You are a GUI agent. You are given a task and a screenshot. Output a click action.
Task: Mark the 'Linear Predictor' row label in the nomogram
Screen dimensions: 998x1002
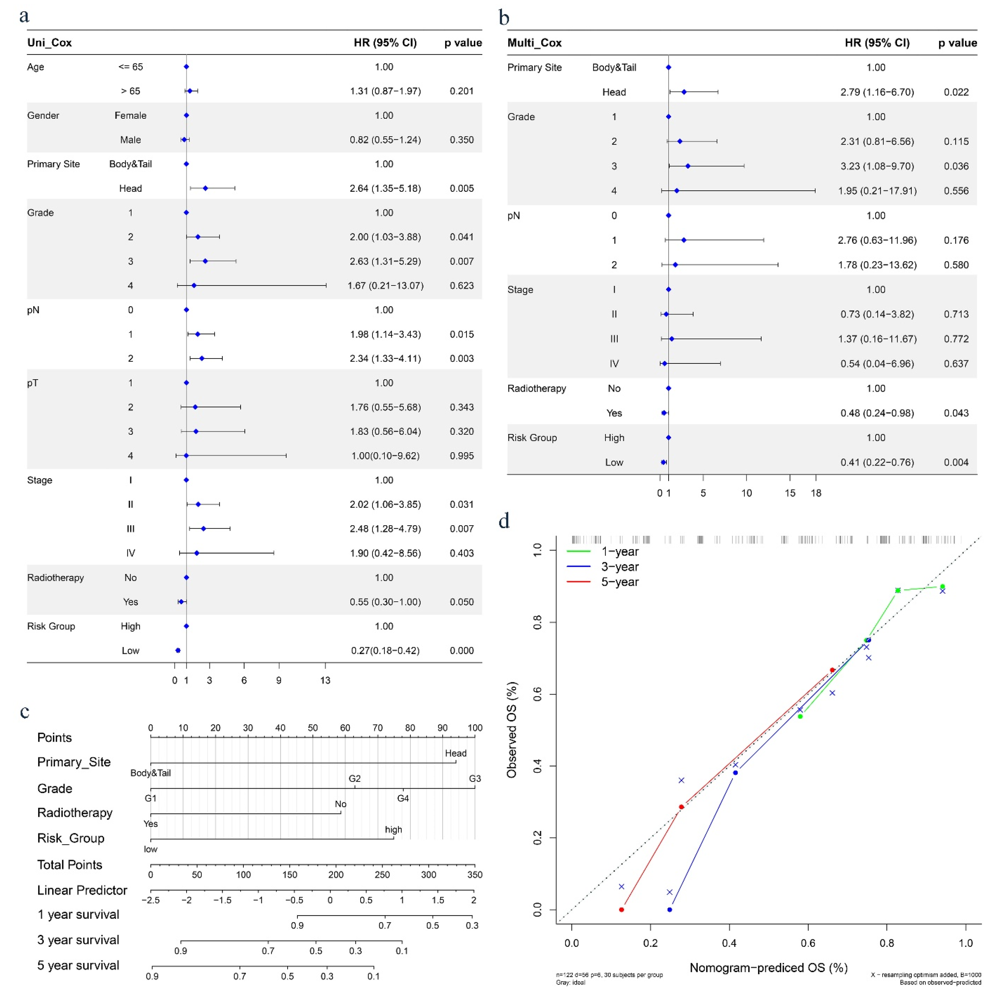(x=82, y=890)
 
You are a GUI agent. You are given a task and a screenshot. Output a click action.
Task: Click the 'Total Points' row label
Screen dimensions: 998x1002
(x=69, y=865)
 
